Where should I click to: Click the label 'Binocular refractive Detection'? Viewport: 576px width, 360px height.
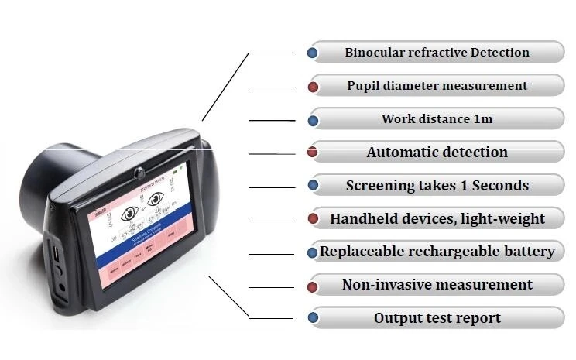[437, 53]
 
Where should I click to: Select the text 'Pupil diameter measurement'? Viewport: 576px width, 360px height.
[437, 86]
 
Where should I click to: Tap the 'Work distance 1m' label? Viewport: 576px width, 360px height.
[437, 119]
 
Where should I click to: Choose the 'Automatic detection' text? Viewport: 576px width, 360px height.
[437, 153]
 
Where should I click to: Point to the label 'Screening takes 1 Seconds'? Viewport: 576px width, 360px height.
[437, 186]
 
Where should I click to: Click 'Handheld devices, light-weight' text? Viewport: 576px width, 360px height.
[437, 219]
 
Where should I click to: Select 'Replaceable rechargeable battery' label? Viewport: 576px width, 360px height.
[437, 252]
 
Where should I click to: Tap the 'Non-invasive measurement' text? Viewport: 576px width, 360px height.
[437, 285]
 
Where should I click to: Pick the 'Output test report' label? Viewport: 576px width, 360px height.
[437, 318]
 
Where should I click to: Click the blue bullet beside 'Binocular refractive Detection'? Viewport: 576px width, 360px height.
[313, 53]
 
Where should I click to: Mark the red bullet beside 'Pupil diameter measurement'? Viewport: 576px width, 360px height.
[313, 87]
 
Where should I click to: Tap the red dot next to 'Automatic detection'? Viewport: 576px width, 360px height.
[313, 153]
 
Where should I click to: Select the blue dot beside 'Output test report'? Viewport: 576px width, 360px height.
[313, 317]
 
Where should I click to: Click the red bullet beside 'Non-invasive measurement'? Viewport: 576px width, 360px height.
[313, 286]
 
